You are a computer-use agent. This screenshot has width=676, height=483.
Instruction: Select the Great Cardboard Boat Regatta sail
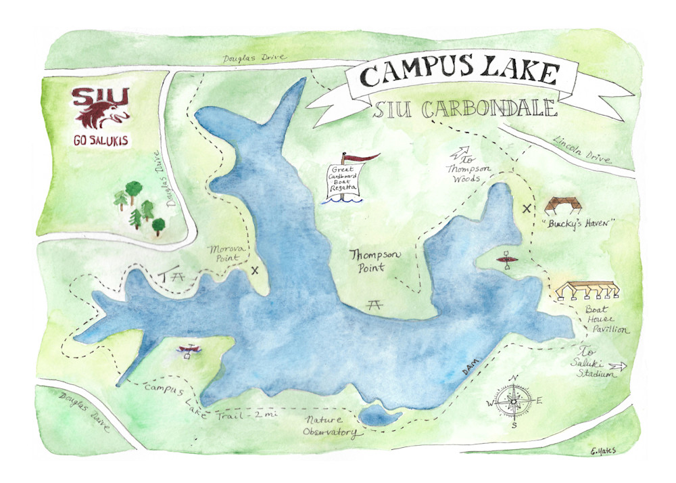345,180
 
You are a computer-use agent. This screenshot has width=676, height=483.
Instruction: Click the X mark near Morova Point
255,271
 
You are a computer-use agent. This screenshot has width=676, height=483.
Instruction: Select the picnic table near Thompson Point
373,305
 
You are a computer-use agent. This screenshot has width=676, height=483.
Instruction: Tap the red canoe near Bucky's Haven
506,259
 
